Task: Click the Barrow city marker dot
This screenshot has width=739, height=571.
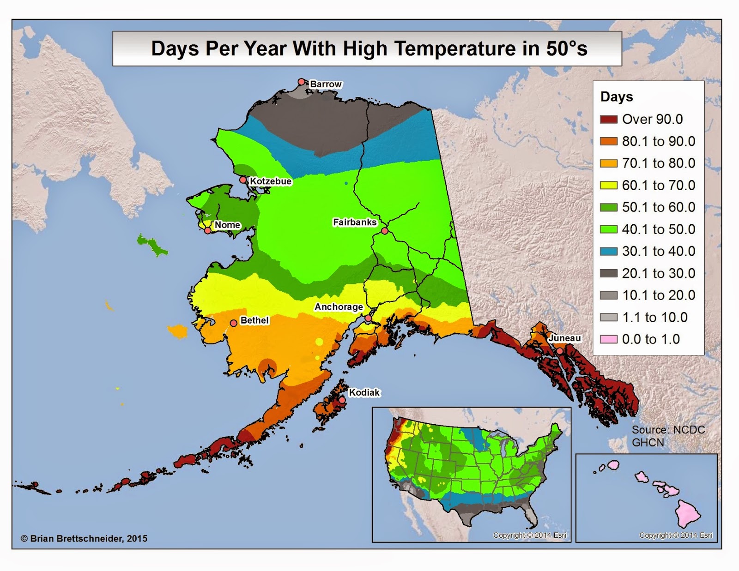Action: click(x=302, y=82)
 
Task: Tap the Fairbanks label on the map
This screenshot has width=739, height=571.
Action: click(x=355, y=222)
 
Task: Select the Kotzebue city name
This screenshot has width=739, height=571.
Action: click(x=271, y=181)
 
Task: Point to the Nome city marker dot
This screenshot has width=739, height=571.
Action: click(x=208, y=230)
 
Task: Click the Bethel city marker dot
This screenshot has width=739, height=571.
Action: click(x=234, y=323)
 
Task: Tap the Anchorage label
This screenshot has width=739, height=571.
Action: click(x=339, y=307)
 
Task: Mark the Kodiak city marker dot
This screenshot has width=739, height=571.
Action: click(x=342, y=401)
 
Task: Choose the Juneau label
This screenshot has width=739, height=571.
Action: click(x=564, y=338)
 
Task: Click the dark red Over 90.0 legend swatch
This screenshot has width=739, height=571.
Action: click(x=608, y=120)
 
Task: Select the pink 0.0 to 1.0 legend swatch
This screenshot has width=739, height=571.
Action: click(x=608, y=339)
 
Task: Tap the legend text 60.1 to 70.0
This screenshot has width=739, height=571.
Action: click(x=658, y=186)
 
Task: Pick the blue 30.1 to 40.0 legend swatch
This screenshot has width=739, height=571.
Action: click(x=608, y=252)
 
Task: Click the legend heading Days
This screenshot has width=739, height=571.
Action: click(x=616, y=97)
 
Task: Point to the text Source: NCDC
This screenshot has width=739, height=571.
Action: click(x=668, y=430)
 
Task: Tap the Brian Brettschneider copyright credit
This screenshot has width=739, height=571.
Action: click(x=84, y=538)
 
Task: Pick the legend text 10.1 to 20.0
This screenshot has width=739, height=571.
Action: click(x=658, y=295)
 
